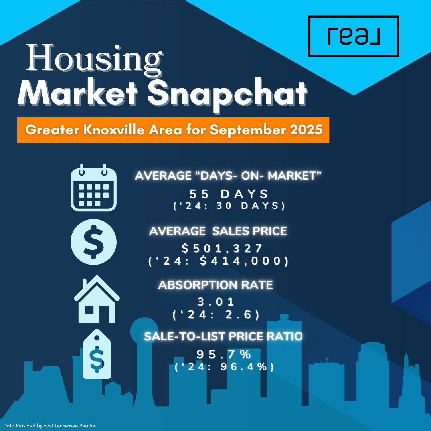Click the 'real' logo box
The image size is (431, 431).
(354, 36)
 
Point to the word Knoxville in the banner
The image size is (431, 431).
(114, 129)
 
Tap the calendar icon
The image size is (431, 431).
(93, 188)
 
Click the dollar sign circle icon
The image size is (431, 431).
(93, 242)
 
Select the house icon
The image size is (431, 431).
(97, 299)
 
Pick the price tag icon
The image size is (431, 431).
(97, 354)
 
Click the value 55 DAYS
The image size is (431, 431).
(229, 194)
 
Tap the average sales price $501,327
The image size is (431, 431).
(222, 249)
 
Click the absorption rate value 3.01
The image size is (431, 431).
(216, 302)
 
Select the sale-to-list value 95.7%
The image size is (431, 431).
(223, 354)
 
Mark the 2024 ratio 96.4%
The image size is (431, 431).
(243, 366)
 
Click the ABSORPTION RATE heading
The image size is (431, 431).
(215, 285)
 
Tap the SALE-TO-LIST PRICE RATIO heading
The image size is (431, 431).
(223, 336)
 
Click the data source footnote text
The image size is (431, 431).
(49, 426)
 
